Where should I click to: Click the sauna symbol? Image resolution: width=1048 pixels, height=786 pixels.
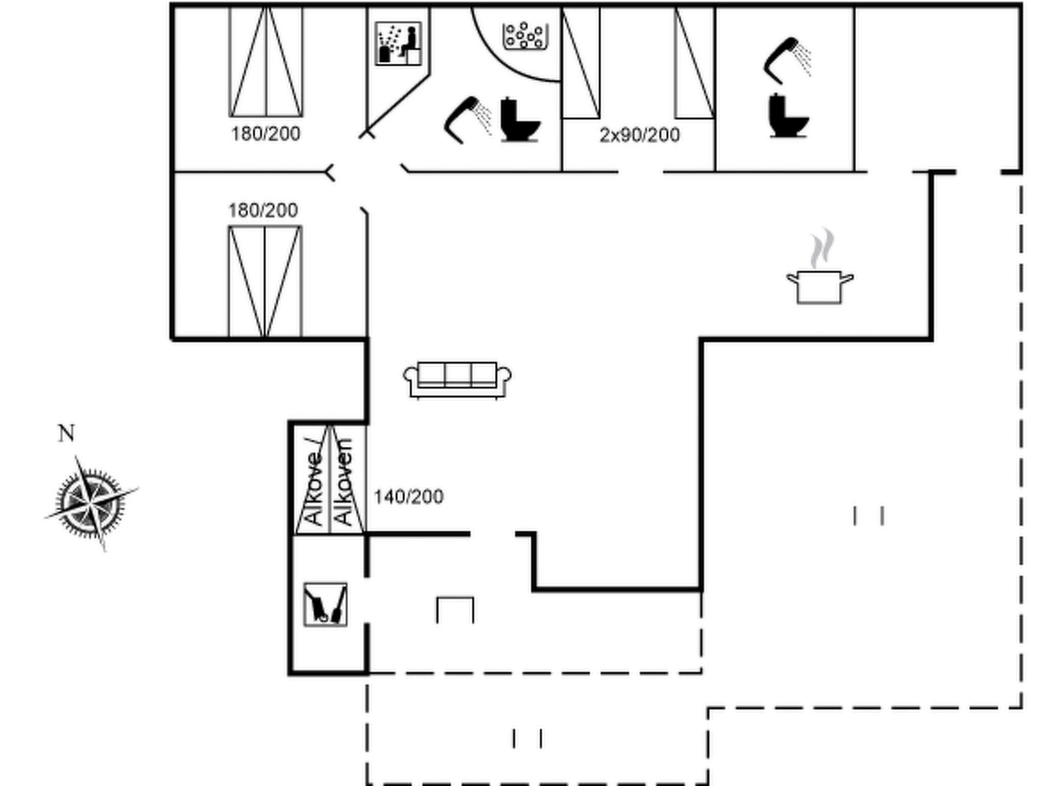[x=398, y=43]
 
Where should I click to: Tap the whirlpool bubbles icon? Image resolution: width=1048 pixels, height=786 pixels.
[x=525, y=36]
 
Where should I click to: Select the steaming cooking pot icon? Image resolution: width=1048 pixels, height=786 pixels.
[x=819, y=287]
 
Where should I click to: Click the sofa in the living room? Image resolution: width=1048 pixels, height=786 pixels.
[x=457, y=379]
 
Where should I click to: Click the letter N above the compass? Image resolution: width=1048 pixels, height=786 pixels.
[x=66, y=433]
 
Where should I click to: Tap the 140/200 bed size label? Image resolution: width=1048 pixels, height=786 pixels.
[x=408, y=497]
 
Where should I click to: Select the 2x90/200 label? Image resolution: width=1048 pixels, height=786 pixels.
[x=640, y=135]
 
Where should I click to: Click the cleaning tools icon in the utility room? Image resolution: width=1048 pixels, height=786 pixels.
[x=325, y=604]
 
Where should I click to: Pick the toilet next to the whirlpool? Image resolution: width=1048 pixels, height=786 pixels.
[x=519, y=120]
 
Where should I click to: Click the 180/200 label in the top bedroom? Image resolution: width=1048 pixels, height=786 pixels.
[x=266, y=134]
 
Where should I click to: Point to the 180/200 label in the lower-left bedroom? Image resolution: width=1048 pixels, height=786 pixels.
[x=263, y=210]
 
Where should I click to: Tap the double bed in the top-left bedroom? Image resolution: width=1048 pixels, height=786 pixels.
[x=266, y=62]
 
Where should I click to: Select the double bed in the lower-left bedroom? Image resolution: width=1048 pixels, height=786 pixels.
[x=265, y=281]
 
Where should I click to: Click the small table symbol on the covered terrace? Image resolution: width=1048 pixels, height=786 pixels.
[x=455, y=609]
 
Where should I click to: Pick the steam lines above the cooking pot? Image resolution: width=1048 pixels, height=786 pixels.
[x=821, y=248]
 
